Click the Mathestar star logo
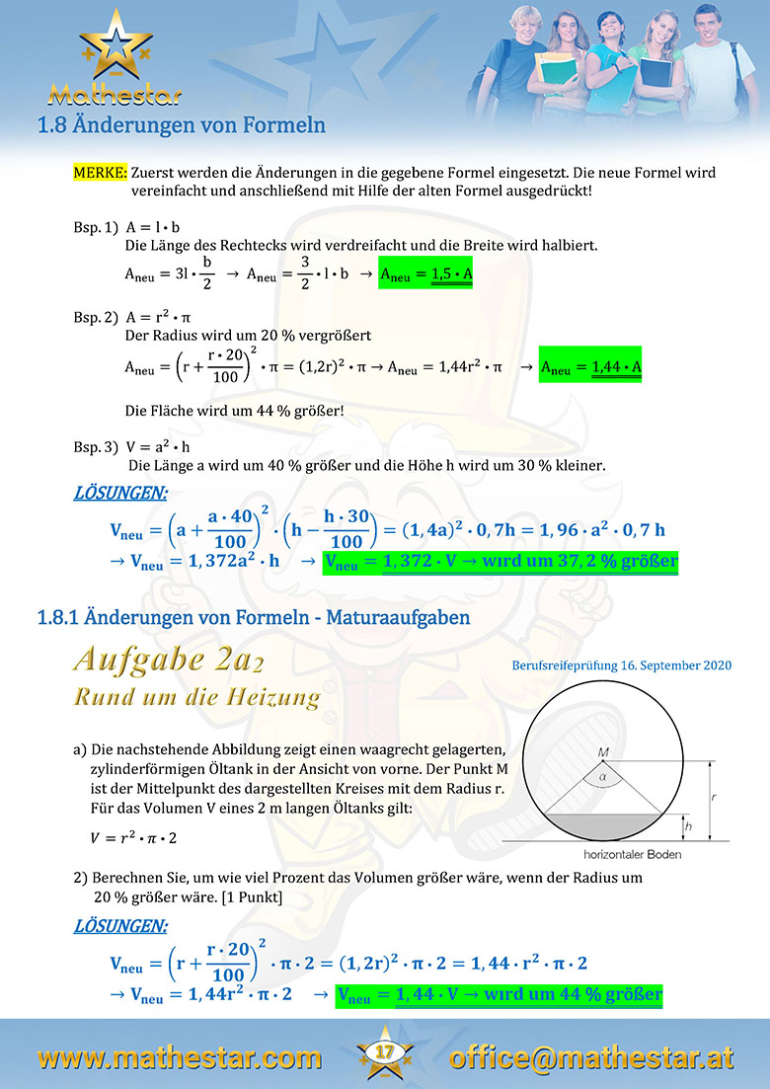[x=115, y=49]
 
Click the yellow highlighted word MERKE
[x=100, y=172]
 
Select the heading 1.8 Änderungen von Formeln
[x=181, y=125]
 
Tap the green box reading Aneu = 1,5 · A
[x=425, y=269]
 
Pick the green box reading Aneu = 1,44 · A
[x=590, y=367]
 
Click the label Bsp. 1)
[x=96, y=226]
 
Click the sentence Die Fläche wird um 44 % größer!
[x=235, y=409]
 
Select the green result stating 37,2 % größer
[x=502, y=562]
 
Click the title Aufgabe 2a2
[x=168, y=658]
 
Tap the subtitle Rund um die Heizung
[x=197, y=697]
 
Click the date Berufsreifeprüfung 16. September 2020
[x=622, y=665]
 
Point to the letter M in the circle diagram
[x=603, y=753]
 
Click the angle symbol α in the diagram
[x=604, y=777]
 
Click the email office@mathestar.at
[x=591, y=1057]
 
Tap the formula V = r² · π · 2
[x=135, y=838]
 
